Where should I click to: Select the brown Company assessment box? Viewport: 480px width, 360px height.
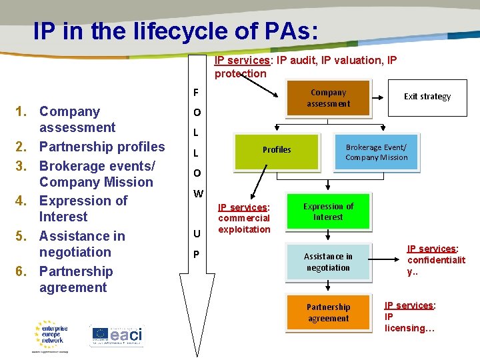[328, 98]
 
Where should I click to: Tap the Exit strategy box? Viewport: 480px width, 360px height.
[427, 97]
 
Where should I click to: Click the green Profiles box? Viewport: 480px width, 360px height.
[277, 150]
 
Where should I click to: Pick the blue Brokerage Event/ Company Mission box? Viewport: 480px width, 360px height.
[376, 153]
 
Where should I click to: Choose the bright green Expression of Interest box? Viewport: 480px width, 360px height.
[328, 212]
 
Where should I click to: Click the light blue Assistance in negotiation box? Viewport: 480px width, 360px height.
[328, 262]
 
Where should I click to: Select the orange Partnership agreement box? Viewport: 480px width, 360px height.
[328, 313]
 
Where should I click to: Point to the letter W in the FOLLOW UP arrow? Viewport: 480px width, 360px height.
[198, 194]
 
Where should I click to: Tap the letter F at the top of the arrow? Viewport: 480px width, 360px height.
[196, 92]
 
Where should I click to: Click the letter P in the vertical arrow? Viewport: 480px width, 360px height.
[197, 255]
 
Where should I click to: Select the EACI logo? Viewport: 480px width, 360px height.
[117, 335]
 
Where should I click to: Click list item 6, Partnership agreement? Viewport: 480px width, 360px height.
[75, 279]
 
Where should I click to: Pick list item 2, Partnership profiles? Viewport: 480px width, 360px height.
[102, 147]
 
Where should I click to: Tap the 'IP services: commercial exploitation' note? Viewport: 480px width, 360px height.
[244, 218]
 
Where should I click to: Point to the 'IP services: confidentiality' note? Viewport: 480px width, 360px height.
[436, 260]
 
